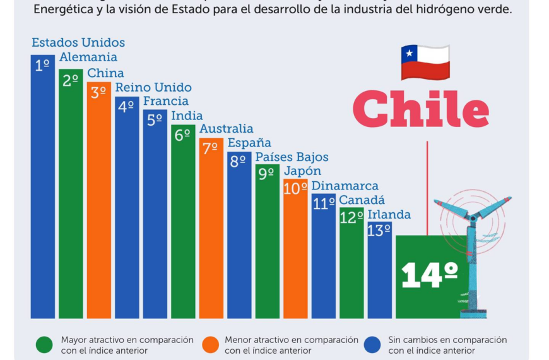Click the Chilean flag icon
click(x=425, y=62)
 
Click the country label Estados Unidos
click(x=78, y=43)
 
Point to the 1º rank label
click(x=42, y=65)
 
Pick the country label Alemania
click(x=88, y=57)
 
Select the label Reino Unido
click(x=153, y=87)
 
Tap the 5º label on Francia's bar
click(x=155, y=120)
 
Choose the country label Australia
click(x=227, y=129)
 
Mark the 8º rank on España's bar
click(x=238, y=161)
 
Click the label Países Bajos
click(x=292, y=157)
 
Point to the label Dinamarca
click(x=345, y=186)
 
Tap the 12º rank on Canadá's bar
click(x=351, y=217)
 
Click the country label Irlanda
click(x=389, y=215)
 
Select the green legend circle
click(x=44, y=345)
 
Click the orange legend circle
click(x=210, y=345)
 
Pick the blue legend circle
click(x=374, y=345)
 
